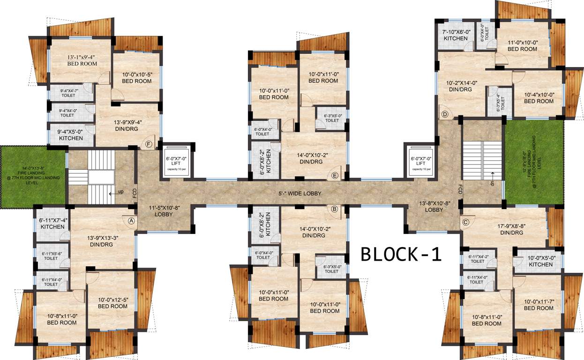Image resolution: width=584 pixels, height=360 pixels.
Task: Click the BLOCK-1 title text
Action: point(401,254)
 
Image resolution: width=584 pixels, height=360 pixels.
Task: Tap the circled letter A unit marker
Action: point(131,219)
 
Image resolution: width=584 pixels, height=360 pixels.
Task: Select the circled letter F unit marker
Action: point(149,144)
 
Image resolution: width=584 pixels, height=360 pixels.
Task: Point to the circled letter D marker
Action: point(444,114)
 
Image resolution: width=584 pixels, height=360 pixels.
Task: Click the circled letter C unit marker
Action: point(465,222)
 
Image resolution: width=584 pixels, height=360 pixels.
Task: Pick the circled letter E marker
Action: point(335,175)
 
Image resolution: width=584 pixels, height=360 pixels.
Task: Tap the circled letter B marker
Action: point(335,210)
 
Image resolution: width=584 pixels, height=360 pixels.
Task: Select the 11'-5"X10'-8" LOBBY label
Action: point(164,210)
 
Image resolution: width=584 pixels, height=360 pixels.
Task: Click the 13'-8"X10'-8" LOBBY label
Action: point(434,207)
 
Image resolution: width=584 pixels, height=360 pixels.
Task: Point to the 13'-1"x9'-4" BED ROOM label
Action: point(82,60)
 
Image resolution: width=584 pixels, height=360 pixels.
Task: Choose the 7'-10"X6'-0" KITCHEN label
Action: point(456,35)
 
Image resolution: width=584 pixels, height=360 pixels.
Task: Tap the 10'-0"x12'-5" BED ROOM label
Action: point(112,303)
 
